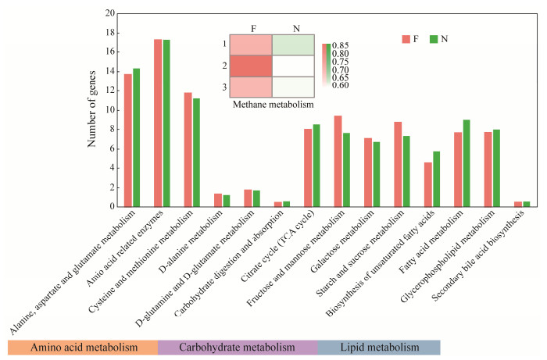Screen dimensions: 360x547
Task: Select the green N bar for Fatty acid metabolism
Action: [x=467, y=163]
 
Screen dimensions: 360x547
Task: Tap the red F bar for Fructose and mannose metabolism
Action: [x=338, y=161]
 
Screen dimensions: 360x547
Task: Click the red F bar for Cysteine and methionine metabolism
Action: [x=188, y=149]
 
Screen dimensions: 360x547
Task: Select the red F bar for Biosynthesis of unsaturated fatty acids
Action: [x=427, y=184]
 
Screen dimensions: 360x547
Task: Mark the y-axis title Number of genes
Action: [x=91, y=110]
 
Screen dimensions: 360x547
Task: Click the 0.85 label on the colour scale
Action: [x=340, y=45]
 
